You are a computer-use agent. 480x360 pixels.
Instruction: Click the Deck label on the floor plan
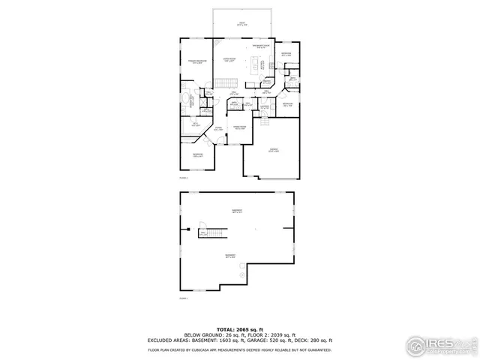pyautogui.click(x=242, y=25)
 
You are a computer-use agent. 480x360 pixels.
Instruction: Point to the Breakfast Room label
pyautogui.click(x=261, y=46)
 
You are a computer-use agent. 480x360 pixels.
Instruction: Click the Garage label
pyautogui.click(x=274, y=151)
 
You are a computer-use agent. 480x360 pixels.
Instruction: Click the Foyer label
pyautogui.click(x=217, y=130)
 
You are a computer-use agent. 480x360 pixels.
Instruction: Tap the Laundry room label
pyautogui.click(x=264, y=107)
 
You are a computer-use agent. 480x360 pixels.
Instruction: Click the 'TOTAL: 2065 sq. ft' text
pyautogui.click(x=239, y=328)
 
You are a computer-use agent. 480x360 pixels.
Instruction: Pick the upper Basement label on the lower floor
pyautogui.click(x=237, y=210)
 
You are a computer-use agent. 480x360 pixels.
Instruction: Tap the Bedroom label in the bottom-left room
pyautogui.click(x=197, y=155)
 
